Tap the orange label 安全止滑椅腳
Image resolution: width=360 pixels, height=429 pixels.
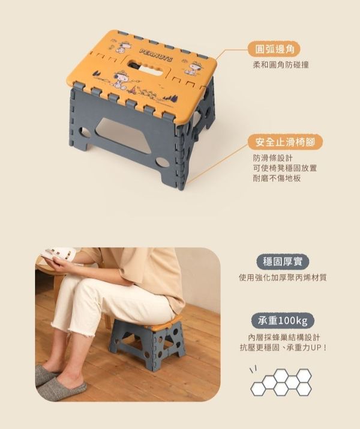pyautogui.click(x=285, y=142)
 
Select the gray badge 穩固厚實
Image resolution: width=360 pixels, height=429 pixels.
pyautogui.click(x=283, y=262)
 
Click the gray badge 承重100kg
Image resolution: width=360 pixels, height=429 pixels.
pyautogui.click(x=283, y=320)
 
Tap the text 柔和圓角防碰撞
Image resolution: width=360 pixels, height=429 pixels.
pyautogui.click(x=281, y=65)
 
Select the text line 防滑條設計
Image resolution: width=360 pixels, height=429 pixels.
pyautogui.click(x=273, y=158)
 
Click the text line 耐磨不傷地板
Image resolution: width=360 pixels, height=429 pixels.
pyautogui.click(x=277, y=178)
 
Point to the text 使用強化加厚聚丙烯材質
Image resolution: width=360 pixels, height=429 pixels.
pyautogui.click(x=283, y=278)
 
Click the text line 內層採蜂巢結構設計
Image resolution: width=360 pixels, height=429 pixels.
pyautogui.click(x=284, y=337)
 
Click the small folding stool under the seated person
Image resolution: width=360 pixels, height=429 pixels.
pyautogui.click(x=148, y=340)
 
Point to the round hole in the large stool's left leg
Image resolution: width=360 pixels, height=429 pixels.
pyautogui.click(x=85, y=132)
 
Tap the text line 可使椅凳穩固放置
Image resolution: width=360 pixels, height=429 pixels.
pyautogui.click(x=285, y=168)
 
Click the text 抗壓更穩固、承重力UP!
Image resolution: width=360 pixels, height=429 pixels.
pyautogui.click(x=283, y=348)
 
